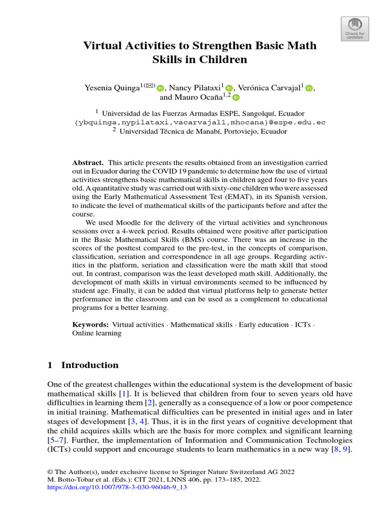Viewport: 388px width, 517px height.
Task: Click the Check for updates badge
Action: (x=355, y=29)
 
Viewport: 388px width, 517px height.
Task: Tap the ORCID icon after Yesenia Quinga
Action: (x=161, y=88)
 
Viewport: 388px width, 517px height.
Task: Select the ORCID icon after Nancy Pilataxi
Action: (x=229, y=88)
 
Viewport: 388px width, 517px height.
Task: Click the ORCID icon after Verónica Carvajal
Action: (x=309, y=88)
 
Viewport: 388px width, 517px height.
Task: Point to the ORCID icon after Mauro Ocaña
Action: (x=235, y=97)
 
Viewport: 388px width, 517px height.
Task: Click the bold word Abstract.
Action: (x=88, y=163)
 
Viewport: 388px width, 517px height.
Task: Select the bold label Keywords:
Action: (x=90, y=325)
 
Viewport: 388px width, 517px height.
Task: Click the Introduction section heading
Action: (x=89, y=365)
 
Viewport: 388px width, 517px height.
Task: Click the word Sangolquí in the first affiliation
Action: (x=263, y=113)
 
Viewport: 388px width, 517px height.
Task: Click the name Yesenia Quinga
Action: (x=111, y=88)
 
